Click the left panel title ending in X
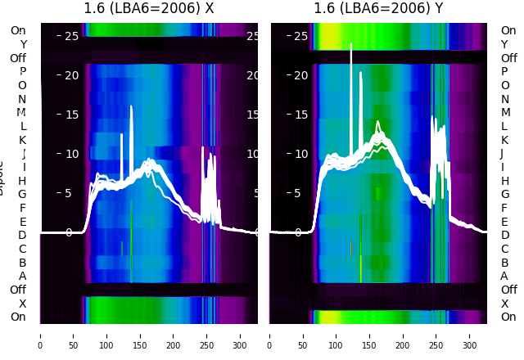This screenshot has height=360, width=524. (149, 8)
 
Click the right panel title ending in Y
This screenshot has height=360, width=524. (379, 8)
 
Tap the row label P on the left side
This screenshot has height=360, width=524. (22, 72)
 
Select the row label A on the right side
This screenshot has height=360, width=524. (504, 276)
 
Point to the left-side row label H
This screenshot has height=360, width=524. (22, 181)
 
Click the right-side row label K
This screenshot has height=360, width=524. (504, 140)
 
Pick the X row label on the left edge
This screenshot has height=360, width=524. (22, 304)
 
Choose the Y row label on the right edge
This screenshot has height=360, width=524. (504, 44)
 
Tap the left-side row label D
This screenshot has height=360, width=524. (22, 236)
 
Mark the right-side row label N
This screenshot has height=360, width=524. (504, 99)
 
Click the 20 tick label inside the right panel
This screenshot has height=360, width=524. (300, 75)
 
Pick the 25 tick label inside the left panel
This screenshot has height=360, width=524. (70, 36)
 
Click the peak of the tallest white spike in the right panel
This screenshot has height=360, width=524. (351, 44)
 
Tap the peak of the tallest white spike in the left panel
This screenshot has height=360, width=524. (131, 106)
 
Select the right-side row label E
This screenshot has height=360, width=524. (504, 222)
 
